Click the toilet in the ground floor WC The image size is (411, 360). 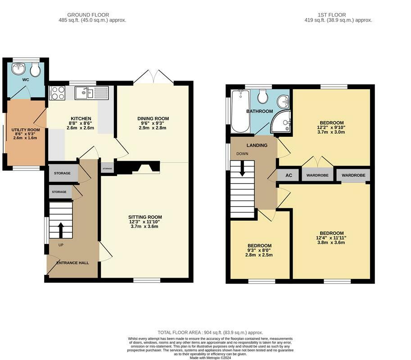35,69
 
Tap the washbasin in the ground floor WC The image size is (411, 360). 18,69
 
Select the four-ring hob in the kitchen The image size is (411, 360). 57,93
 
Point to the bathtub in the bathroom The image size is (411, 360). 240,111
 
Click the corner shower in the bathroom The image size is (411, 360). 281,121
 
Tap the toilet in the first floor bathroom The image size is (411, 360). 262,96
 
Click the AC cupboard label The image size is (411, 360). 289,175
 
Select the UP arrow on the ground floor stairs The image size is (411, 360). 61,230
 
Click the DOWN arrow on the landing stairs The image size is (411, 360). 242,168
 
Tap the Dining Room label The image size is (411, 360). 153,118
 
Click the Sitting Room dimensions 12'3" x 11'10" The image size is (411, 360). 145,222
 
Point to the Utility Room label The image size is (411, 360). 26,130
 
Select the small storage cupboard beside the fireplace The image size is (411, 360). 107,168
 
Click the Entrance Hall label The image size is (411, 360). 72,263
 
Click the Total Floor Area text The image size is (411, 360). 210,333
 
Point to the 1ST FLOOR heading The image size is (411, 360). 332,15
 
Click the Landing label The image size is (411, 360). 257,145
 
